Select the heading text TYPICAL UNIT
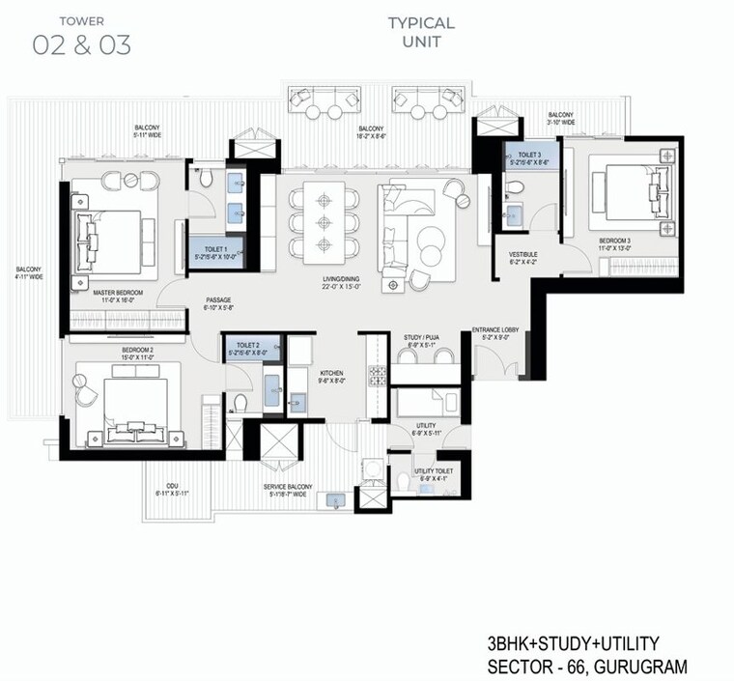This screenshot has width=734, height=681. coord(421,32)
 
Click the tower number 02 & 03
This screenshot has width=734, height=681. coord(82,43)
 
